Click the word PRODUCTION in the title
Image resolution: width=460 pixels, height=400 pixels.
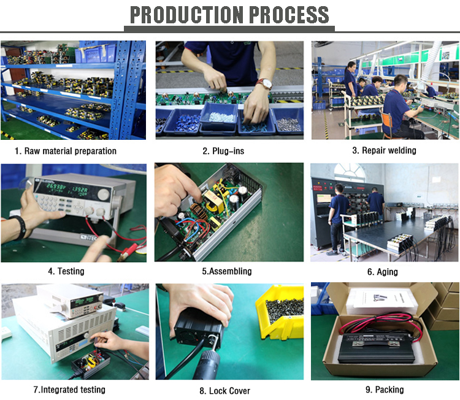click(x=186, y=15)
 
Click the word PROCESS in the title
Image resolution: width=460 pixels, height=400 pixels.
click(x=289, y=15)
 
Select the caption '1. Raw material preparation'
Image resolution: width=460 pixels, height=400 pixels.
click(x=66, y=151)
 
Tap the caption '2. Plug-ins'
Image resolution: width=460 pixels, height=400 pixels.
click(x=223, y=151)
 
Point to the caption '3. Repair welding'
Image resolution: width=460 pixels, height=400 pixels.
click(x=384, y=150)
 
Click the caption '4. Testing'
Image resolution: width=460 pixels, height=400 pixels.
click(x=66, y=271)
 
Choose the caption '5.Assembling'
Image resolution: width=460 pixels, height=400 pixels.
click(x=227, y=271)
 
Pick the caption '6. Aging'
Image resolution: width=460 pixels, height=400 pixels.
click(x=383, y=272)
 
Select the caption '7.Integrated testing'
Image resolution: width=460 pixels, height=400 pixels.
click(x=69, y=390)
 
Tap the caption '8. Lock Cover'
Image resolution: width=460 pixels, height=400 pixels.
click(x=224, y=391)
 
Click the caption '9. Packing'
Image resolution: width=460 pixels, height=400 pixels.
click(x=385, y=390)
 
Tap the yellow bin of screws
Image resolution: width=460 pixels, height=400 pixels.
click(x=280, y=312)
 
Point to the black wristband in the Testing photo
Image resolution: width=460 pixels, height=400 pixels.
click(x=20, y=226)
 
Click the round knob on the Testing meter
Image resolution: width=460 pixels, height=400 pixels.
click(x=103, y=194)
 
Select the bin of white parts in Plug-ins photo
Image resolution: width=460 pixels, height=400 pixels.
click(x=219, y=117)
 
